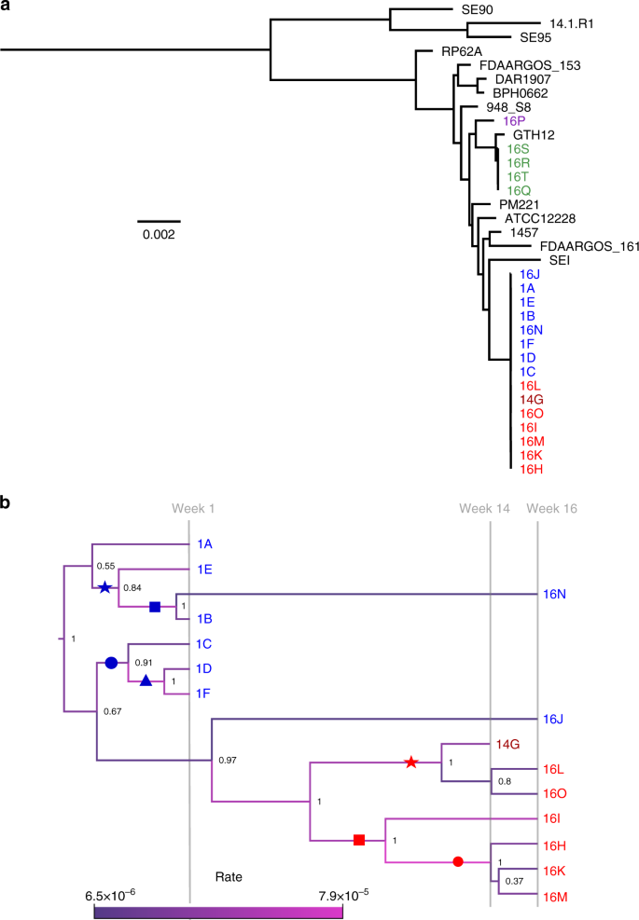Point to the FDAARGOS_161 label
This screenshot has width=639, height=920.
click(x=582, y=247)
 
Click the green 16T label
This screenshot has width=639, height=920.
click(x=518, y=177)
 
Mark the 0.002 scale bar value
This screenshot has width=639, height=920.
click(x=159, y=234)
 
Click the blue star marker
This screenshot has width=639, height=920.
click(x=105, y=587)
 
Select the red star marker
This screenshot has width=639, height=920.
click(x=410, y=762)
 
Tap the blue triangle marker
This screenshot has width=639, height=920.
click(x=146, y=681)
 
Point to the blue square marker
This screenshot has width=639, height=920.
click(x=156, y=607)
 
